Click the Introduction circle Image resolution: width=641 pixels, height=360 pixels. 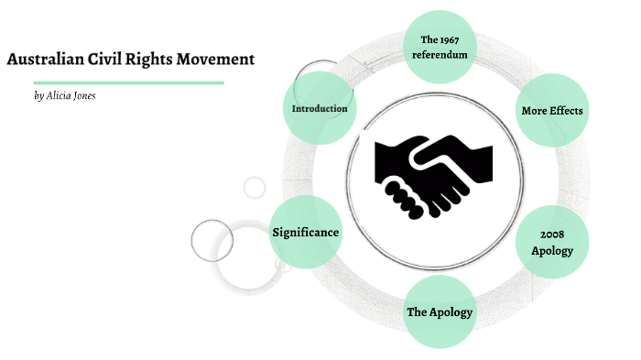click(320, 109)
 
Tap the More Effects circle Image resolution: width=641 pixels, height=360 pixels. click(552, 111)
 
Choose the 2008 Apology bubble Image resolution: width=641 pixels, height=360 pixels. click(552, 243)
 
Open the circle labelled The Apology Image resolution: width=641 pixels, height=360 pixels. click(440, 312)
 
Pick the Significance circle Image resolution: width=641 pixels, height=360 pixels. click(306, 233)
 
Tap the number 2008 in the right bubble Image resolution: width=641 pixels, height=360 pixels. click(552, 235)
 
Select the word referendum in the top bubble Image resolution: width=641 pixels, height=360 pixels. click(440, 54)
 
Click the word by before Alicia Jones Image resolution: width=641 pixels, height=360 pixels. click(38, 95)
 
